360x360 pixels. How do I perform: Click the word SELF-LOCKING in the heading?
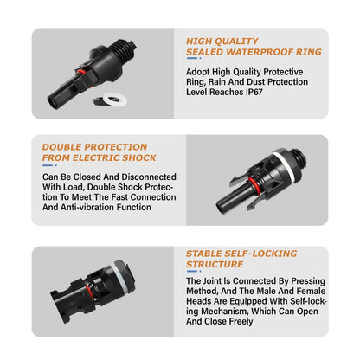pyautogui.click(x=261, y=253)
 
